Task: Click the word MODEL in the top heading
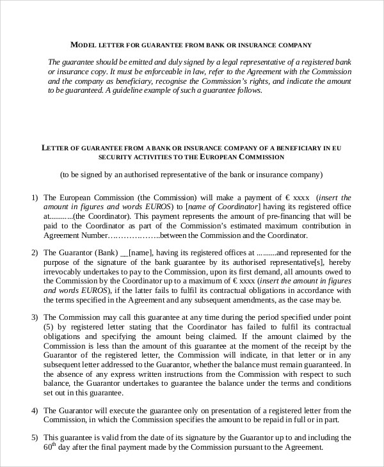[x=83, y=45]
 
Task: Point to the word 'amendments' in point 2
[x=268, y=300]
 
